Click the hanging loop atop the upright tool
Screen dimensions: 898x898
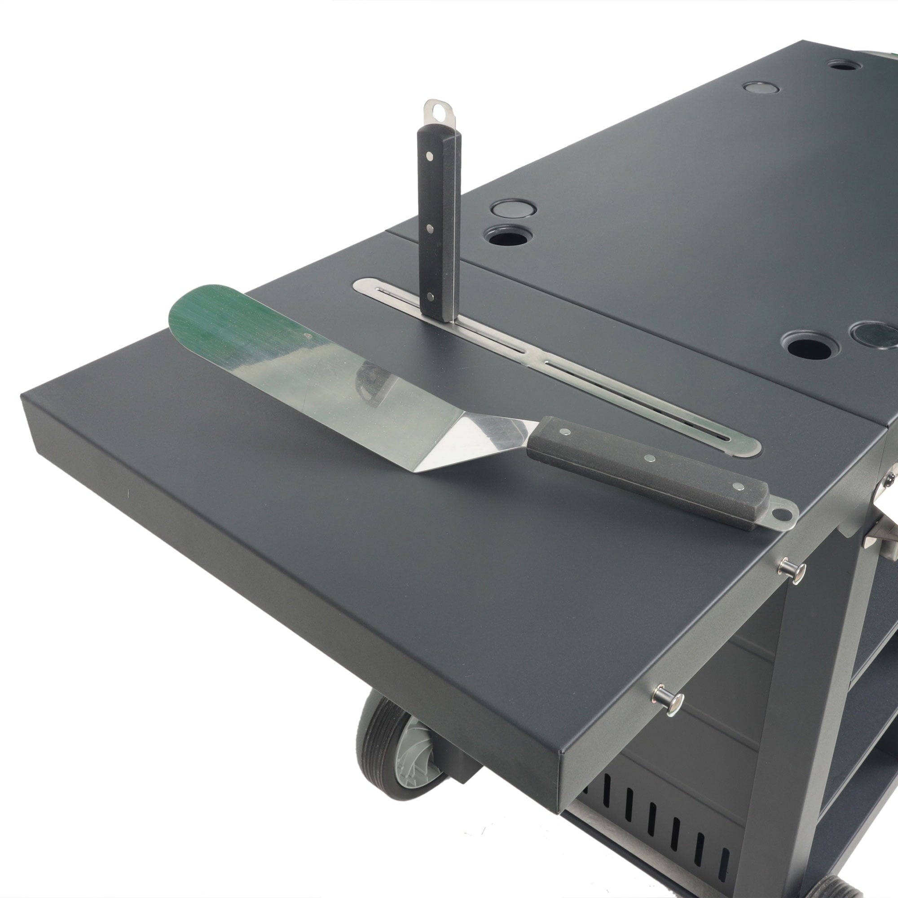click(439, 112)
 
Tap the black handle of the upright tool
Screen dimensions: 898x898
click(439, 223)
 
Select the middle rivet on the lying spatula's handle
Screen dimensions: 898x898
click(649, 458)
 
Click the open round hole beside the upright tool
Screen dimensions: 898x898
click(508, 236)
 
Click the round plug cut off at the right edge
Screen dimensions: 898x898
click(876, 334)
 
